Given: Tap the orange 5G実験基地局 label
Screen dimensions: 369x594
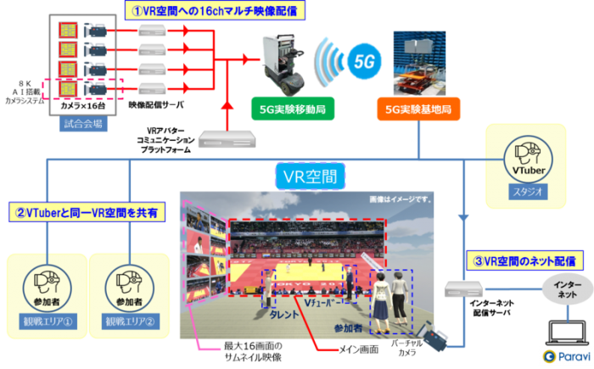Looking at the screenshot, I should tap(417, 109).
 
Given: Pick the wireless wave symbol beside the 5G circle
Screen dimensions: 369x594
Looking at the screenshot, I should tap(328, 60).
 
